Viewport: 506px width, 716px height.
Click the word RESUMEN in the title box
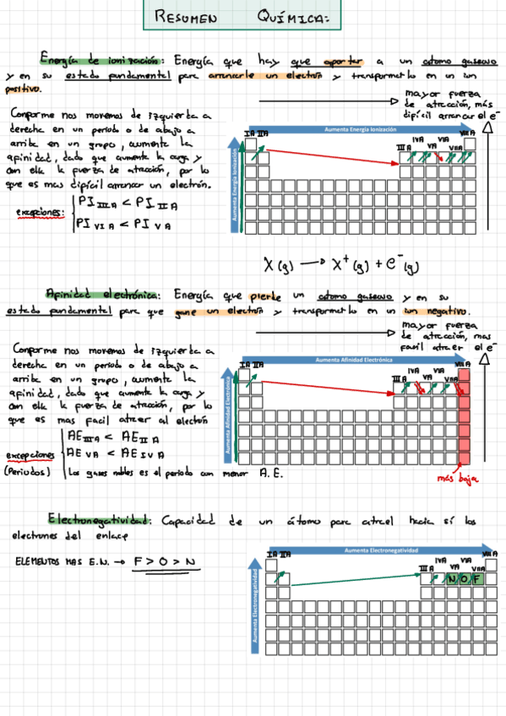click(x=185, y=19)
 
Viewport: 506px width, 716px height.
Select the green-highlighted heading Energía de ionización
click(x=100, y=60)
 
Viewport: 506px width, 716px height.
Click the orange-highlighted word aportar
click(x=342, y=61)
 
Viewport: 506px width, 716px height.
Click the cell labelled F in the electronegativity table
click(x=478, y=579)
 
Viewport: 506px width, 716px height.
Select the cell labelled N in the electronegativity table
click(x=454, y=579)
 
